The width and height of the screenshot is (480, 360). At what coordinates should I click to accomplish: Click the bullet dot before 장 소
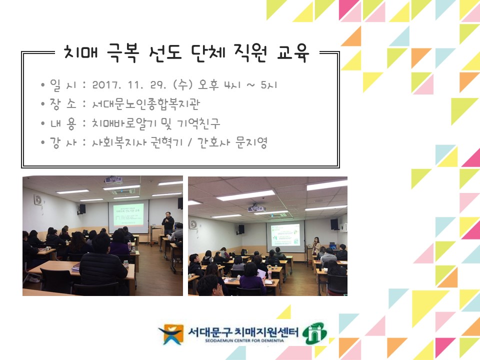click(x=43, y=104)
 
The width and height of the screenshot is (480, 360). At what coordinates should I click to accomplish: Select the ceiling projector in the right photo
click(x=255, y=208)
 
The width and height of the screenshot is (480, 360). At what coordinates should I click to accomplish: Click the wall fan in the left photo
click(x=38, y=200)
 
